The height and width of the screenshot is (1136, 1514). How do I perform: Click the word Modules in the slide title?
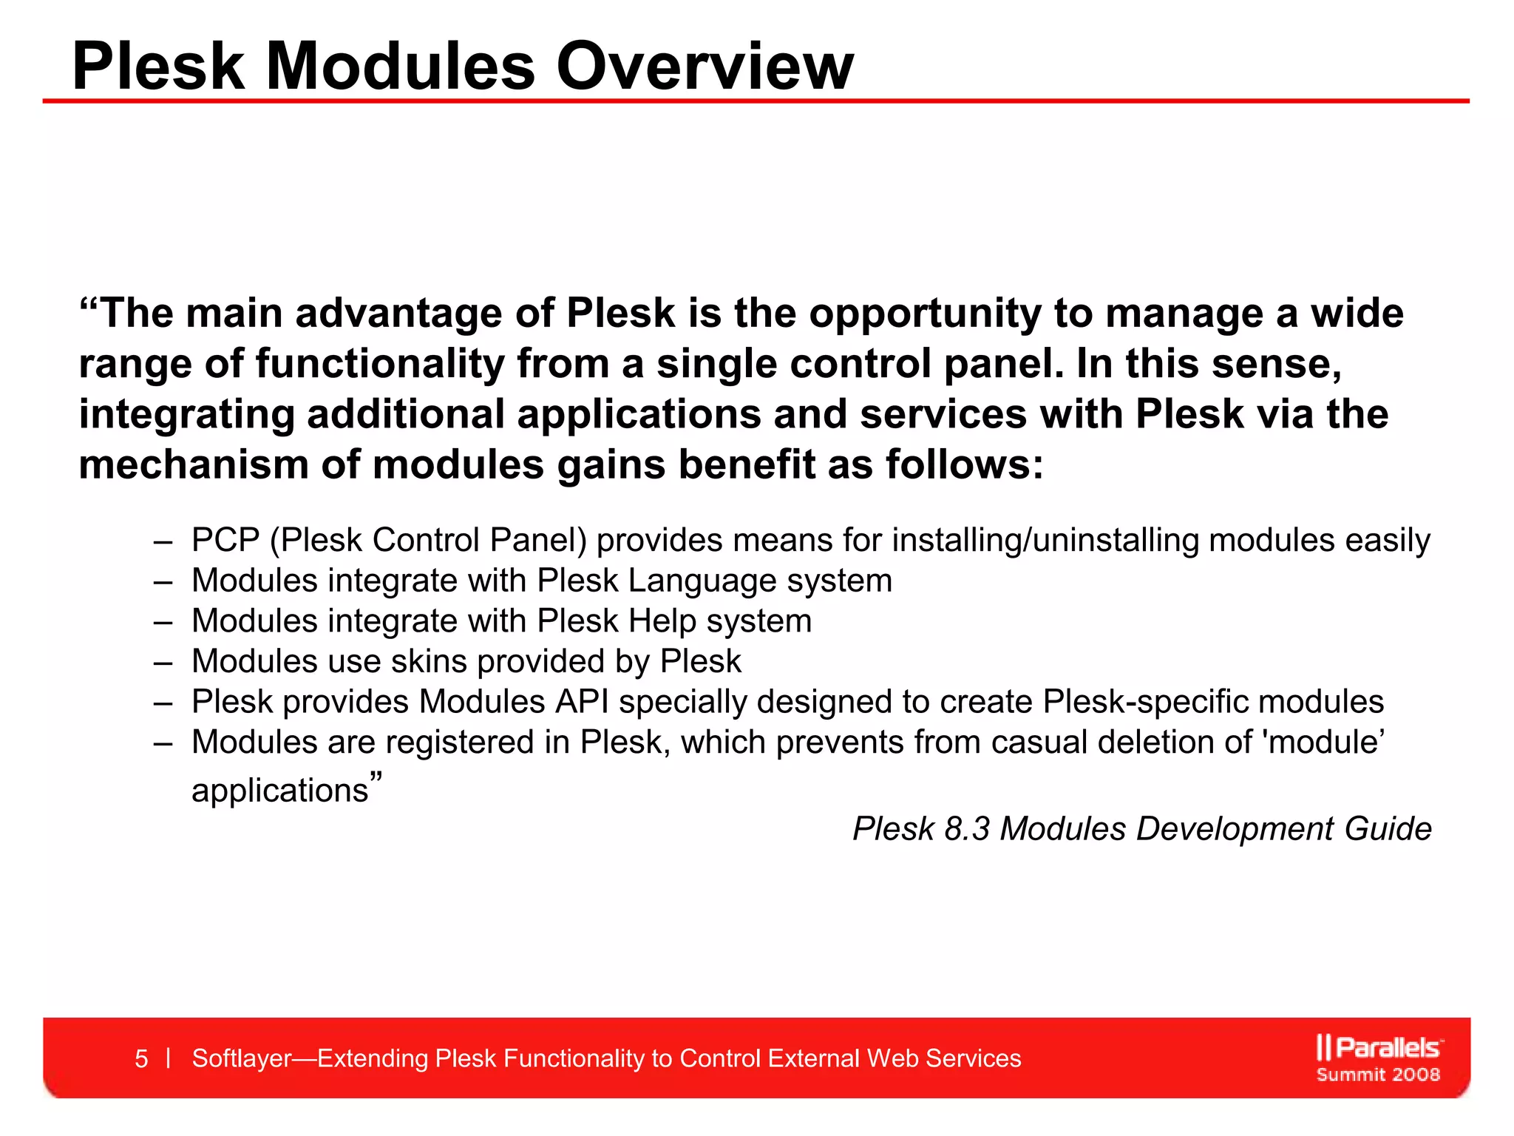[x=399, y=67]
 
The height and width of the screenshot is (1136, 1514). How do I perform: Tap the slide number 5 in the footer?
[x=141, y=1058]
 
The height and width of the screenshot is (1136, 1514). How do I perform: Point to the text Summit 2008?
[x=1378, y=1075]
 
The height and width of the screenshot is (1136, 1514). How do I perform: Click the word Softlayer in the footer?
[x=242, y=1058]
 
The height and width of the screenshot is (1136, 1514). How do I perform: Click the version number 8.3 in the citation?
[x=966, y=829]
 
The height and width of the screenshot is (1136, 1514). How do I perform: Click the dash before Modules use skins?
[x=163, y=661]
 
